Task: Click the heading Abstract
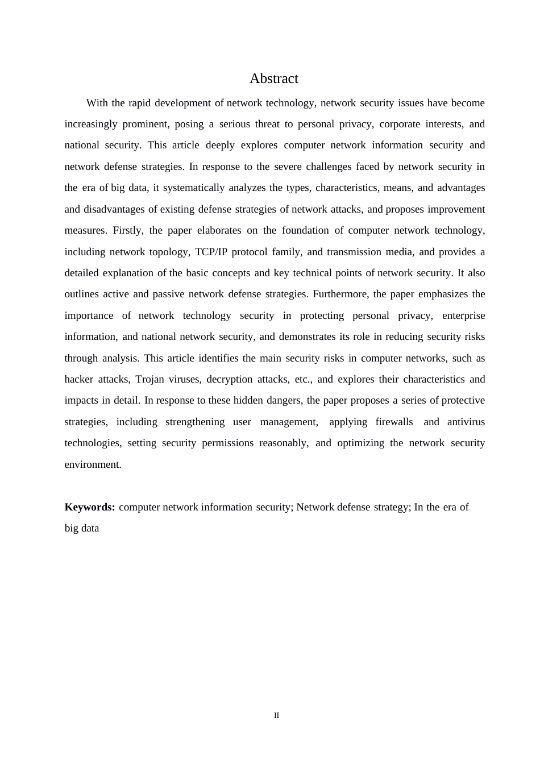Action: (273, 78)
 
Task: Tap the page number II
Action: (276, 715)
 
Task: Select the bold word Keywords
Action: (89, 507)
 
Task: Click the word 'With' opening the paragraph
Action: (97, 103)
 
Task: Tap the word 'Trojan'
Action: (150, 379)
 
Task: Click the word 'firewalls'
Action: (394, 422)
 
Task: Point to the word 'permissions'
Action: (227, 443)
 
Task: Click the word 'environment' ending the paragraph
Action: (92, 464)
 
